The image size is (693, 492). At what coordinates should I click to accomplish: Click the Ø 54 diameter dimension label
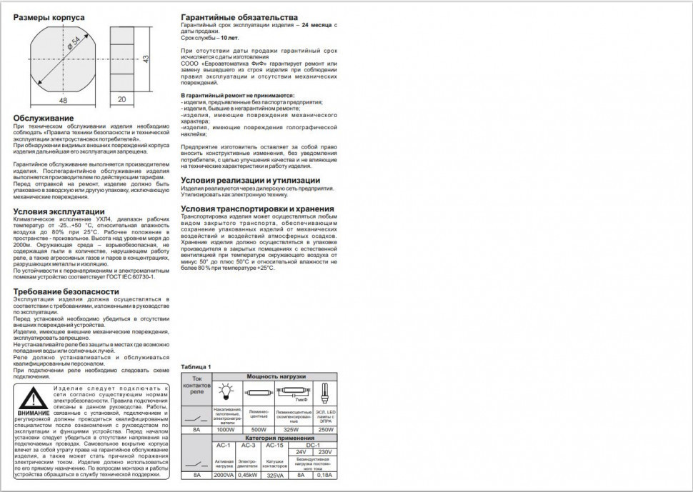(71, 53)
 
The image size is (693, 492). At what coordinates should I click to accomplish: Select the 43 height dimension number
(146, 59)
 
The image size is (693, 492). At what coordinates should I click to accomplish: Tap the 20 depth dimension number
(121, 101)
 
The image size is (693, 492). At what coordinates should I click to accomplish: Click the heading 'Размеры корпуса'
(46, 18)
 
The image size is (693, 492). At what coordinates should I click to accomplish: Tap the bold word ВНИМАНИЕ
(34, 413)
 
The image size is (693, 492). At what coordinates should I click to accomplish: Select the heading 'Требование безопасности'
(66, 291)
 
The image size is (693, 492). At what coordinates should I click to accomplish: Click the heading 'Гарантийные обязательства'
(240, 17)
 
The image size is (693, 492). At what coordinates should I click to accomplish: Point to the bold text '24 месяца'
(317, 25)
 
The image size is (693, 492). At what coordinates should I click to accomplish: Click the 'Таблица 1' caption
(196, 366)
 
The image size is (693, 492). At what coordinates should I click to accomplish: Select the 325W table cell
(290, 430)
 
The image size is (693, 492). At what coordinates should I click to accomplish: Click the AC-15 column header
(274, 445)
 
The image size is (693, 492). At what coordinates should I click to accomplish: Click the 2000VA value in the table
(224, 475)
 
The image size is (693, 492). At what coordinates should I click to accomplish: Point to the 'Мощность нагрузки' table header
(276, 376)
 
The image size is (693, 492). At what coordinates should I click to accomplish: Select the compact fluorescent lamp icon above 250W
(324, 391)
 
